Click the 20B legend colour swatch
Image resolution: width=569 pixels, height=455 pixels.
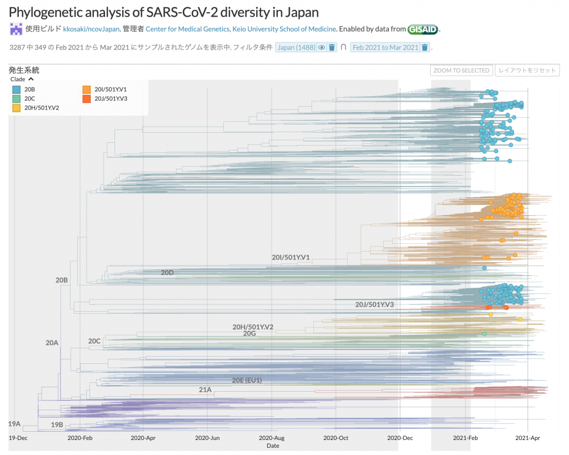(x=17, y=89)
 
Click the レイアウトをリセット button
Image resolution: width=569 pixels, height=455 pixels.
(x=527, y=71)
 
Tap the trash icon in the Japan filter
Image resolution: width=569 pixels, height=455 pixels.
(x=332, y=47)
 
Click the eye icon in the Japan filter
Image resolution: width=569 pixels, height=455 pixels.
(x=321, y=47)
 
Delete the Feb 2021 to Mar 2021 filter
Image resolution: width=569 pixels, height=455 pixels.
(x=425, y=47)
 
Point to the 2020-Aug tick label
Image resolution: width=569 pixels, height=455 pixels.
(x=272, y=438)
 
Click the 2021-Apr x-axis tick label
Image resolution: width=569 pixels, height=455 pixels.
(x=528, y=438)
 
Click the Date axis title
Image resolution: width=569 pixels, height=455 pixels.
(x=273, y=446)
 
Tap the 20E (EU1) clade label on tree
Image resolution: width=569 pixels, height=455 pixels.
(x=247, y=380)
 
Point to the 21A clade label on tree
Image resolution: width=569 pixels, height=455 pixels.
(x=205, y=389)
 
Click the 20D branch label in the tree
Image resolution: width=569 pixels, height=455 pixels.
(x=167, y=273)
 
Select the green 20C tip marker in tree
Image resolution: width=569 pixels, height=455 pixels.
(x=485, y=334)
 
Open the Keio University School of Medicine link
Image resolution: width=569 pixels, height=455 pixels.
(x=241, y=28)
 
